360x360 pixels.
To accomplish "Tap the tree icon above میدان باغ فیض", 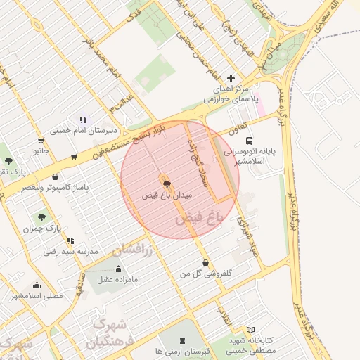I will (166, 184).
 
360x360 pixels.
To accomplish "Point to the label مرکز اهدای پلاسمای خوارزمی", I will (231, 94).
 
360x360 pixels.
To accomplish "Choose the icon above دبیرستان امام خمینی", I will (83, 120).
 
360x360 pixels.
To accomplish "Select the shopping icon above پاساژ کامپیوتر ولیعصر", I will (55, 177).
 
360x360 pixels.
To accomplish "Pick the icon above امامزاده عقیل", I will (117, 269).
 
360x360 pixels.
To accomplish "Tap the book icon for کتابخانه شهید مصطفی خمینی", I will (251, 329).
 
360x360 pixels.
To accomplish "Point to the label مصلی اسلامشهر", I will (37, 296).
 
